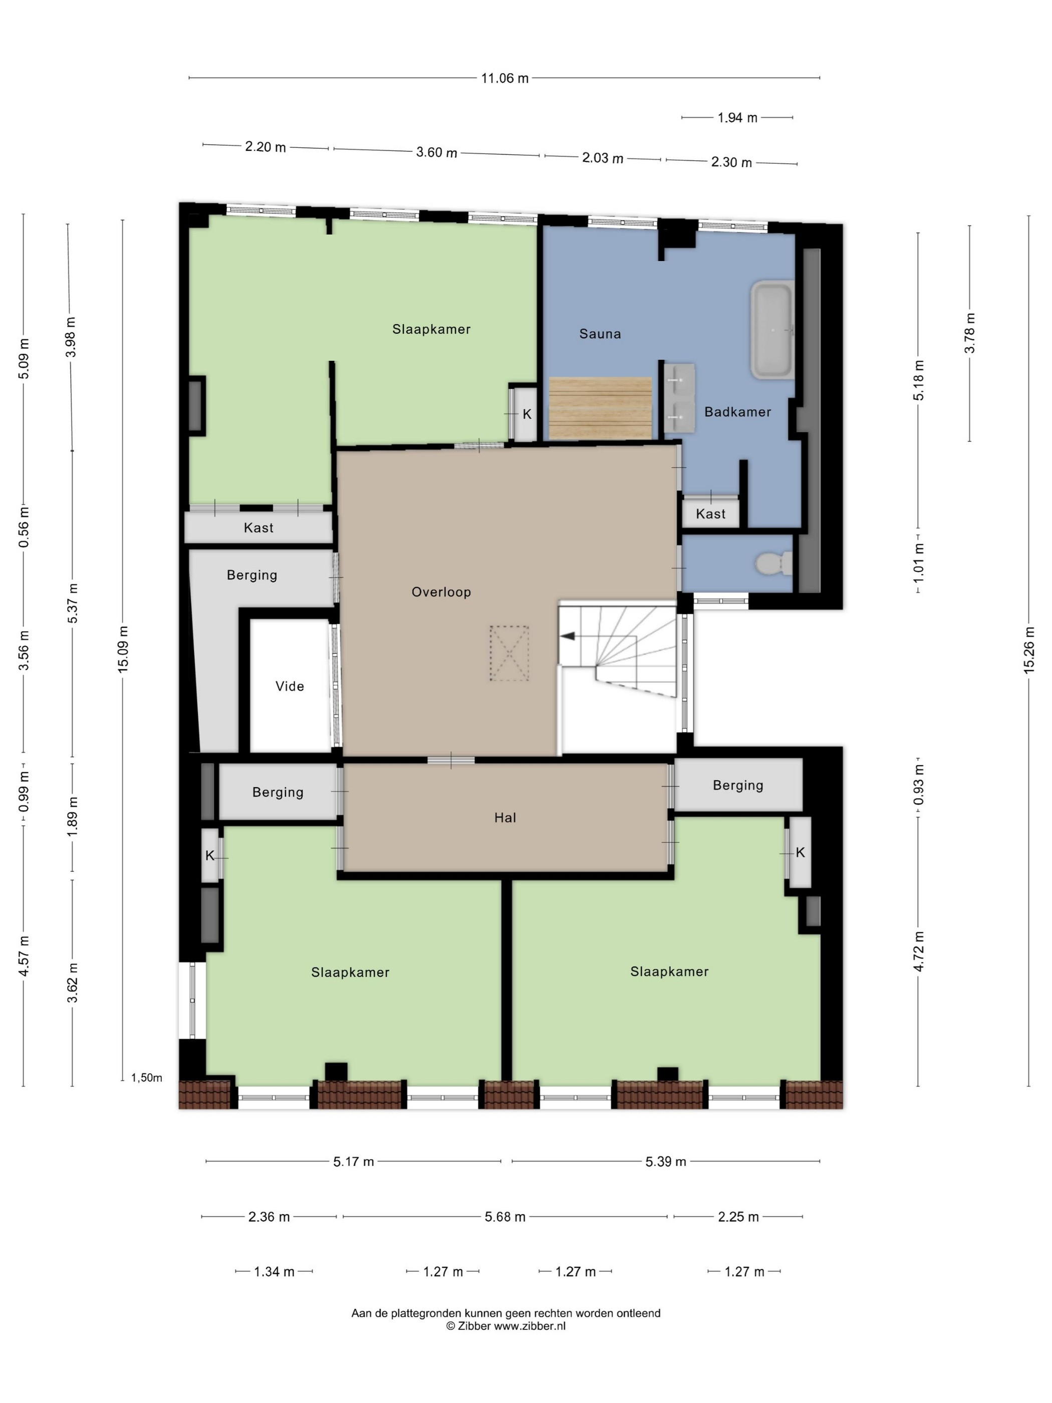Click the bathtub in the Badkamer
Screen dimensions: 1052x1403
click(x=772, y=330)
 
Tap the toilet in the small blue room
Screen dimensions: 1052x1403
click(x=773, y=563)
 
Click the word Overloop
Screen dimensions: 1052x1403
click(x=441, y=592)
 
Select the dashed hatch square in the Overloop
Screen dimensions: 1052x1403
click(x=508, y=653)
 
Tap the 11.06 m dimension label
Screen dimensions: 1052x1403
click(x=505, y=78)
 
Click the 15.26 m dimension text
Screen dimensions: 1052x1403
click(x=1028, y=649)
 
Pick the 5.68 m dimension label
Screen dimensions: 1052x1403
click(x=505, y=1217)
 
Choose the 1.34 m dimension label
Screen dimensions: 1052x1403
click(x=274, y=1271)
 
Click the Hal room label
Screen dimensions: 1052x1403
click(x=505, y=818)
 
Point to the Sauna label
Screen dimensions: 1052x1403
click(x=600, y=334)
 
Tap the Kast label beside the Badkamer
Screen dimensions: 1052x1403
click(x=710, y=514)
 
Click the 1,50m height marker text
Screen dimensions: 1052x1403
click(x=146, y=1078)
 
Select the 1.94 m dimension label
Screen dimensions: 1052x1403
click(x=737, y=117)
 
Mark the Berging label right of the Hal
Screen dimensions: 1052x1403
click(x=738, y=785)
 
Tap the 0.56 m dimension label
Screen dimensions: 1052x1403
click(x=24, y=527)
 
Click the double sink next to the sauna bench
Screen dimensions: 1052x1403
click(x=679, y=398)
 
